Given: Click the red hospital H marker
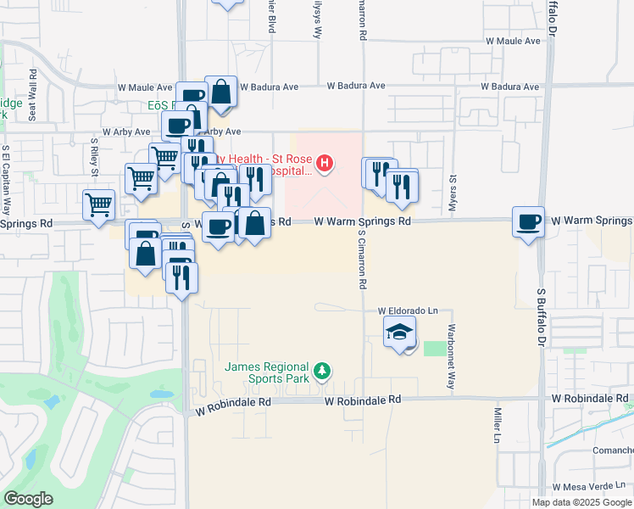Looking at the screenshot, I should [x=323, y=163].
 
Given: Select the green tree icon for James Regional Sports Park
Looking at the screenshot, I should [x=321, y=371].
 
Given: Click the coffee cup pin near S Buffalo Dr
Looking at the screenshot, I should [x=529, y=222].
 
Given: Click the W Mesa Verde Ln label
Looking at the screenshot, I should [x=592, y=488].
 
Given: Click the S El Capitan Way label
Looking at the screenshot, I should [x=6, y=181].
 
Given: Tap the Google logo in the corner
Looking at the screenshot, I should [x=28, y=499].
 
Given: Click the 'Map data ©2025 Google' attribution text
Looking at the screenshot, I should [x=581, y=502].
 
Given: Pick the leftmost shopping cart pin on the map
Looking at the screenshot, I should [x=99, y=204].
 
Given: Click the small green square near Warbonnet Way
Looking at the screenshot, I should [x=434, y=349].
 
